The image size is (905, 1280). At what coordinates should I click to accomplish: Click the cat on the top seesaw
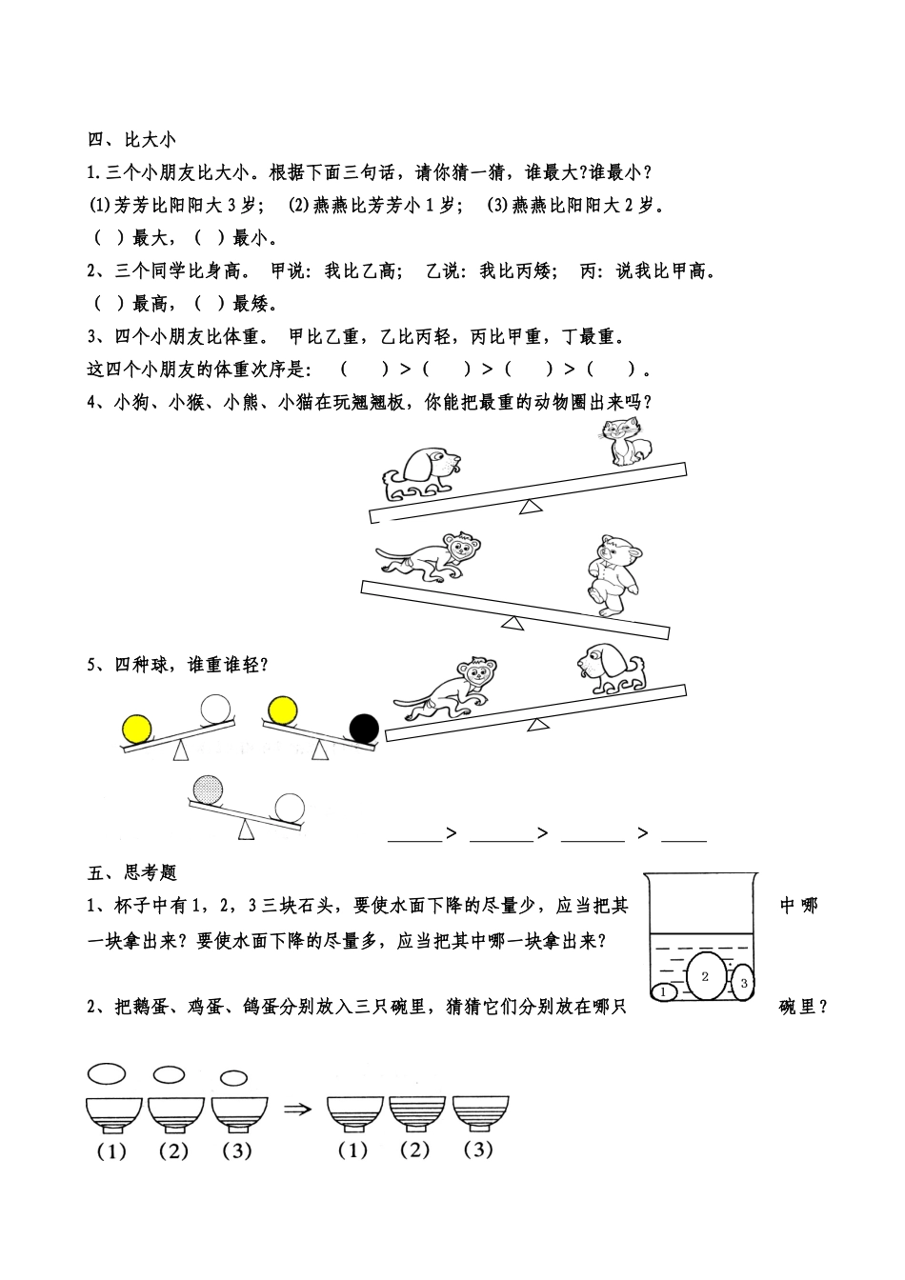pos(627,443)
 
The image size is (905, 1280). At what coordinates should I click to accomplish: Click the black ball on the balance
pos(364,729)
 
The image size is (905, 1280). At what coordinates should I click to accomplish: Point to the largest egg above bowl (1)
pos(107,1073)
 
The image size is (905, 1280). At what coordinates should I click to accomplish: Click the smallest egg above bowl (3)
pos(232,1078)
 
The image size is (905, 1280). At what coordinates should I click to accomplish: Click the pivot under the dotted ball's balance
pos(247,830)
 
